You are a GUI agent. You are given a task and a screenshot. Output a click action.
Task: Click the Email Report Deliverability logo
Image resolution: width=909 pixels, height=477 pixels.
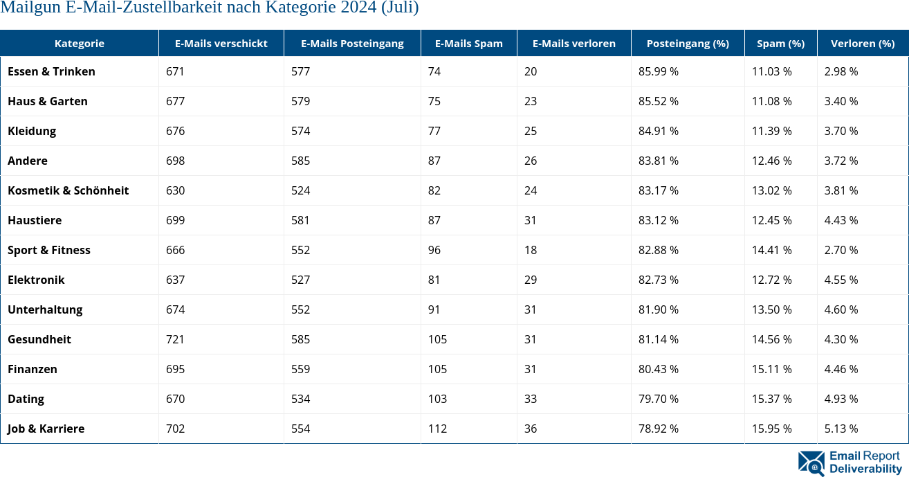pos(850,462)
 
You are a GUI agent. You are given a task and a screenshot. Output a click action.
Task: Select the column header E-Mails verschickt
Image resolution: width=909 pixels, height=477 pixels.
pos(221,43)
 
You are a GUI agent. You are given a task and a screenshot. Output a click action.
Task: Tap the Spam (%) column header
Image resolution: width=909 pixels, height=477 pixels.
pos(780,43)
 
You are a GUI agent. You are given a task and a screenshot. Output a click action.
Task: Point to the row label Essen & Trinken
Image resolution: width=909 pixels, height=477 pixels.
pos(51,71)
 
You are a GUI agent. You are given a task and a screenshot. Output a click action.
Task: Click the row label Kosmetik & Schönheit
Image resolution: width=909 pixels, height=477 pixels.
pos(68,190)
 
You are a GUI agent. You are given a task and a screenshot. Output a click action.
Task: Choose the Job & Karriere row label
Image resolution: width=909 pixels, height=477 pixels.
pos(46,429)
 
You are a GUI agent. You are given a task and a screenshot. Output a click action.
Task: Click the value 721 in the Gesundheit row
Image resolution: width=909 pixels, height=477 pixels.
pos(175,339)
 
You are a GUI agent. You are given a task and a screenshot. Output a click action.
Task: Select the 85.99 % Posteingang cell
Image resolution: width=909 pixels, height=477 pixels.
pos(658,71)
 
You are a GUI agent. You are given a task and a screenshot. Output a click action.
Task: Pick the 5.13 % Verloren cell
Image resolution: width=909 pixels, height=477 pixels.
pos(841,429)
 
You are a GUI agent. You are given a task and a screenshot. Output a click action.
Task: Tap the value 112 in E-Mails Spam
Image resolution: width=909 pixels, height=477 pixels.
pos(437,429)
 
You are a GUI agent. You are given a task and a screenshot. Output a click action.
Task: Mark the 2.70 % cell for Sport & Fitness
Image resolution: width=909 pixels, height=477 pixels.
pos(841,250)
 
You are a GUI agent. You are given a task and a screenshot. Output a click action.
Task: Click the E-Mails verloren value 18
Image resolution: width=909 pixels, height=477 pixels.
pos(530,250)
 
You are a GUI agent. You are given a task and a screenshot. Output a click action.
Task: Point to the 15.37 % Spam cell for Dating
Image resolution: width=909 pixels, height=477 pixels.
pos(771,399)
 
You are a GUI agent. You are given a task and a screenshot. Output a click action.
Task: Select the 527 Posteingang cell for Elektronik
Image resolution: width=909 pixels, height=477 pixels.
pos(300,280)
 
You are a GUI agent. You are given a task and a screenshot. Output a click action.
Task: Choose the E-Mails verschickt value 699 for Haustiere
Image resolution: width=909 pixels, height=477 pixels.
pos(175,220)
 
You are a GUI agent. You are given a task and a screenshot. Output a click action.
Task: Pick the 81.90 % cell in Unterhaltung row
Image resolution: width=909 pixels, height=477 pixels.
pos(658,309)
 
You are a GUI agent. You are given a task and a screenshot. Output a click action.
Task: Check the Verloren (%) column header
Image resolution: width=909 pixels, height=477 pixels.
pos(862,43)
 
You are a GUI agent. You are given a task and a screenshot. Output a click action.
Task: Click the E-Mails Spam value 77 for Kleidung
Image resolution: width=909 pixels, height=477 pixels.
pos(434,131)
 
